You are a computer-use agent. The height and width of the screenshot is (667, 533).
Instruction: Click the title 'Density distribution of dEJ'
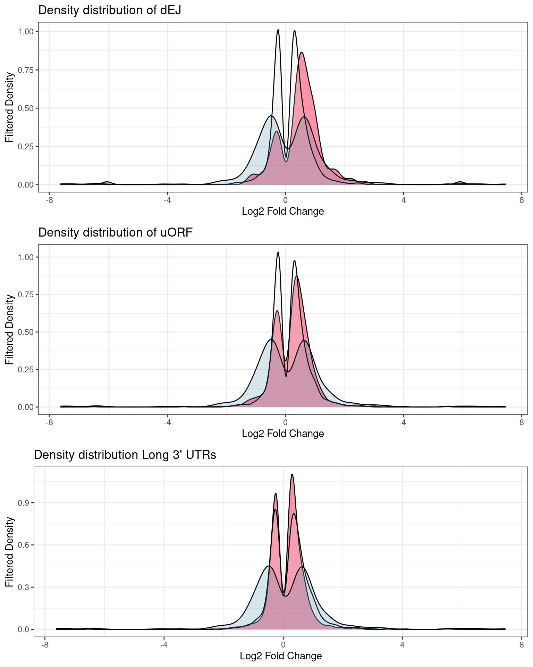[x=110, y=10]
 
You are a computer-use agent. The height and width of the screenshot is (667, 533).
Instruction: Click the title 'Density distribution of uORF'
[x=115, y=232]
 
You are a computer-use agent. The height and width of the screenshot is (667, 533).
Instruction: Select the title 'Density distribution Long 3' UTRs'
[x=125, y=455]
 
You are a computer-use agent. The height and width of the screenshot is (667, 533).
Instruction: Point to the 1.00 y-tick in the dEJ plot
[x=26, y=32]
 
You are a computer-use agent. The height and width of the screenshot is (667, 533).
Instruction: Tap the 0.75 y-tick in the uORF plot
[x=26, y=295]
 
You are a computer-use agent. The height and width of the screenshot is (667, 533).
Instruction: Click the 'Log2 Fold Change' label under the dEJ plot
[x=283, y=211]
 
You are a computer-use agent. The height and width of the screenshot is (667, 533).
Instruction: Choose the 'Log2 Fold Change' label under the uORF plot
[x=283, y=434]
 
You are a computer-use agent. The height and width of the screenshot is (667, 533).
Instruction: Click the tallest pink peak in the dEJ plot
[x=302, y=53]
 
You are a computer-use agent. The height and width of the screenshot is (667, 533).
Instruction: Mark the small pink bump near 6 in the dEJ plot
[x=460, y=182]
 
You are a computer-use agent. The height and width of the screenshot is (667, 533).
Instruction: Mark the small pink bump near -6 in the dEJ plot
[x=107, y=182]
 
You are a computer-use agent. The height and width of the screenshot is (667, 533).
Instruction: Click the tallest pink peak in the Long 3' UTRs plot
[x=292, y=475]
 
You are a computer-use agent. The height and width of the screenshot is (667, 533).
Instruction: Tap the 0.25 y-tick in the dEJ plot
[x=26, y=146]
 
